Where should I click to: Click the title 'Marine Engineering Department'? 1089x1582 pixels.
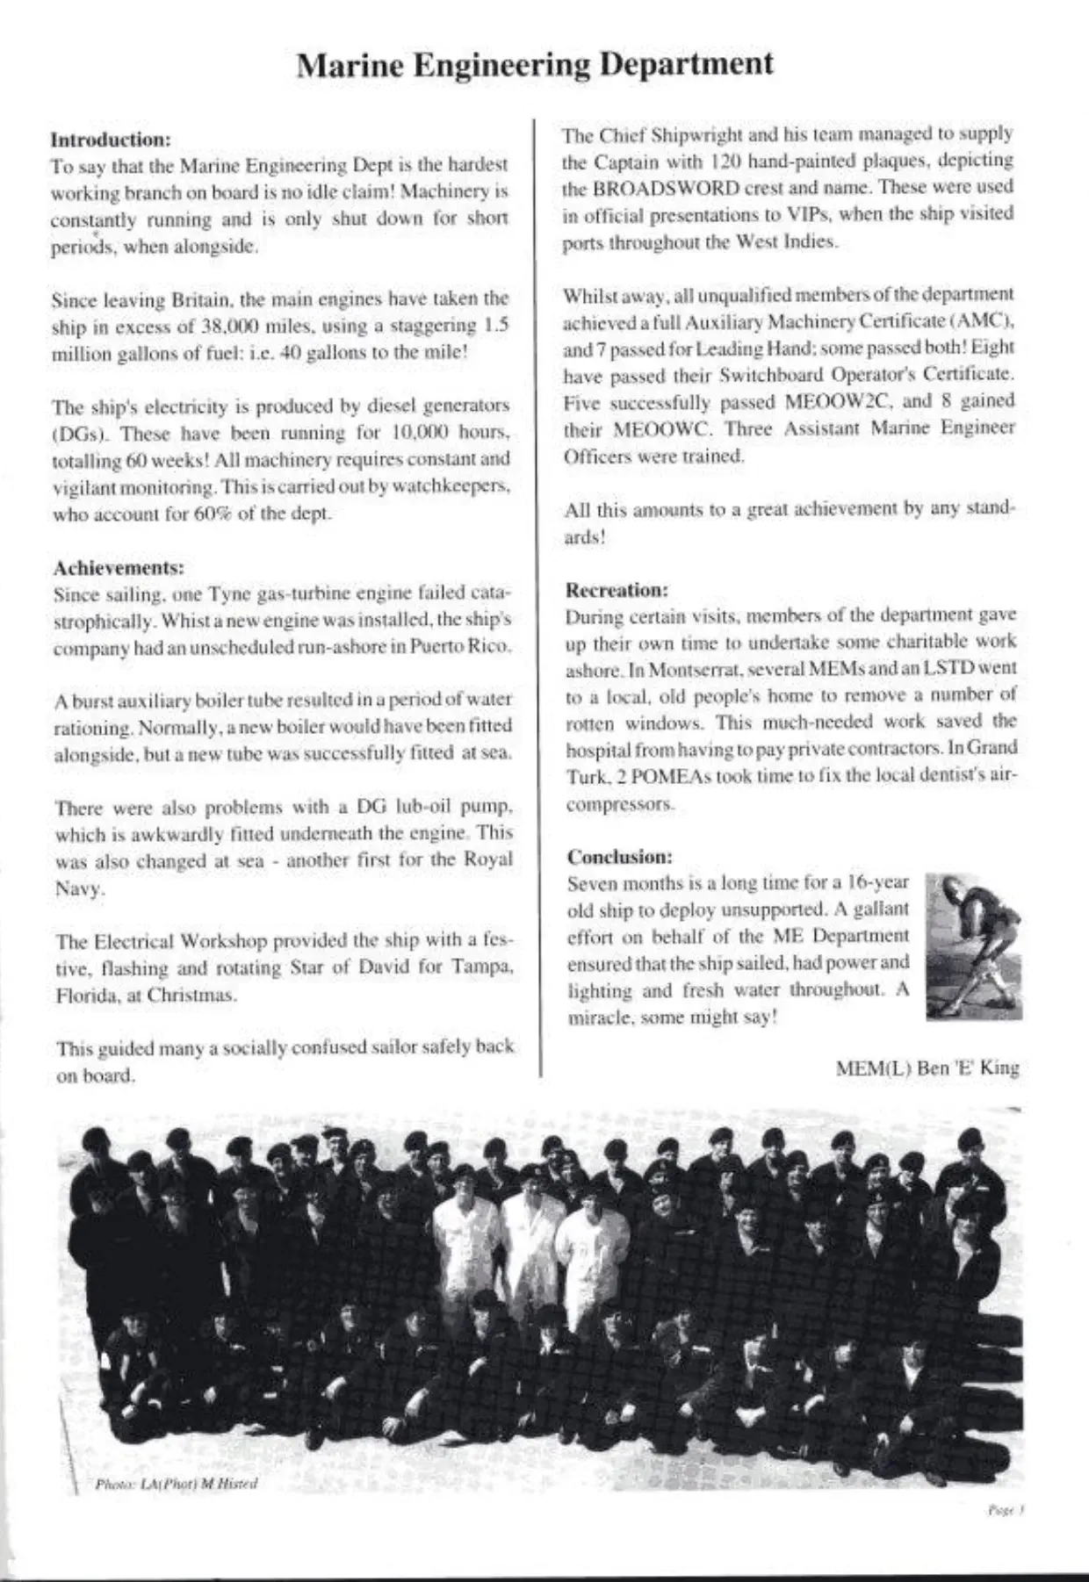535,65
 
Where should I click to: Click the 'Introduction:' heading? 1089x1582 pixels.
110,140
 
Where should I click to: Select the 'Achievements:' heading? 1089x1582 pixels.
119,567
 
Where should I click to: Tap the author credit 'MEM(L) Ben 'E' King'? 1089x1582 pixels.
927,1068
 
